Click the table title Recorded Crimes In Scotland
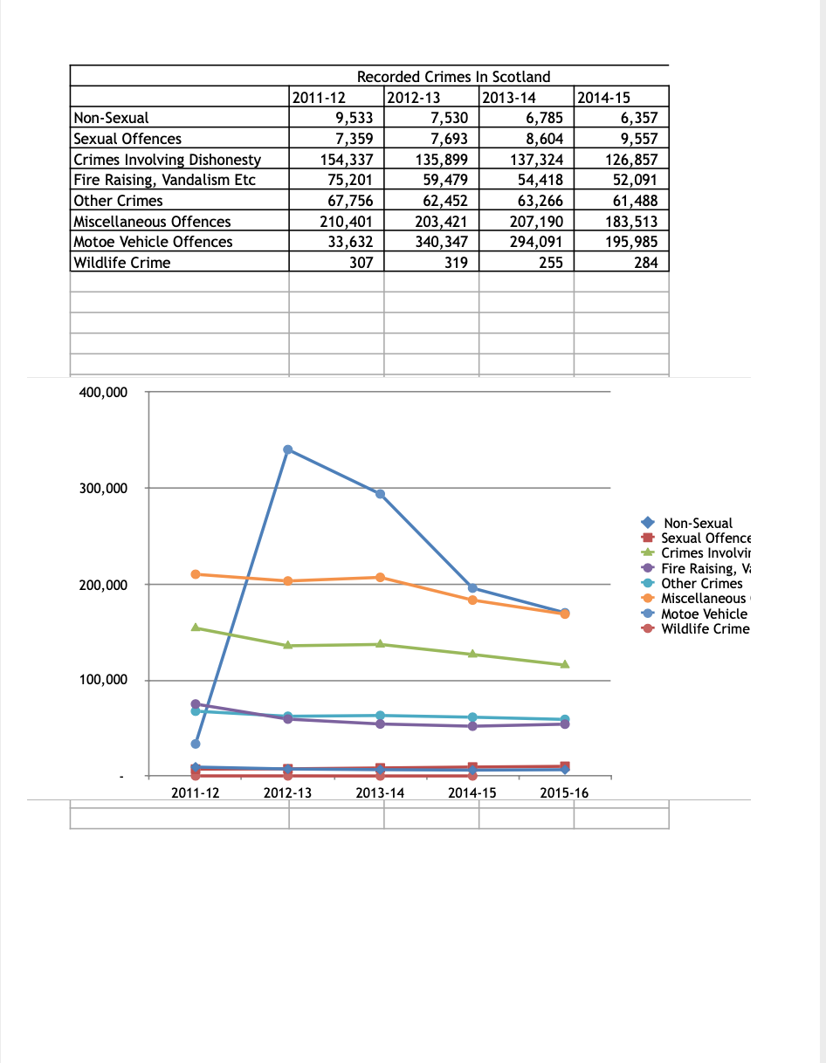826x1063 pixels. (453, 77)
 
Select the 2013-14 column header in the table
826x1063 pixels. (510, 98)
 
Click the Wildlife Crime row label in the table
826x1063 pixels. (122, 263)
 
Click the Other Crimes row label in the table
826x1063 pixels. (119, 201)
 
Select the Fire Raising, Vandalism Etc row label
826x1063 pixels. (165, 180)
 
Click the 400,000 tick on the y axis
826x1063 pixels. (103, 393)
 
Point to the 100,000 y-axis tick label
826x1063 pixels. (103, 681)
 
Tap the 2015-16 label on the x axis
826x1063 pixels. (564, 793)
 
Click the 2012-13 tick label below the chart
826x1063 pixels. (287, 793)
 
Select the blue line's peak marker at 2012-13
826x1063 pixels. (288, 449)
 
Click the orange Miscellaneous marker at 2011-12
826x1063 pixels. (196, 574)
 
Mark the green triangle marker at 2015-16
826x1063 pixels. (565, 664)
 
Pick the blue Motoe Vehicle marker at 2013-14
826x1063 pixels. (380, 494)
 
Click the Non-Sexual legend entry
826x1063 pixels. (698, 523)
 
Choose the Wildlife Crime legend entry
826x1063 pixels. (704, 629)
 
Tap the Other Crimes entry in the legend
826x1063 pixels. (701, 584)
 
